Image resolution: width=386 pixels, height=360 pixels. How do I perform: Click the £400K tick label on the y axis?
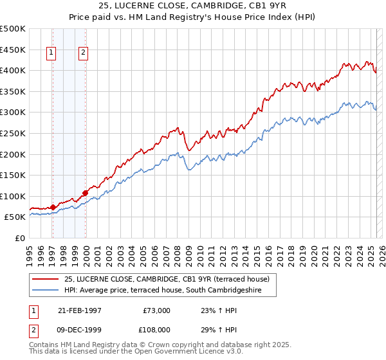pos(13,70)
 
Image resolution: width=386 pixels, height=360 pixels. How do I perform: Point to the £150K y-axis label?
pos(13,175)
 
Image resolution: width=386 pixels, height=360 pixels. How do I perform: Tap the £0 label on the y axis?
pos(20,238)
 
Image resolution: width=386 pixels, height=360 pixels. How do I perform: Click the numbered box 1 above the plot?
pos(51,53)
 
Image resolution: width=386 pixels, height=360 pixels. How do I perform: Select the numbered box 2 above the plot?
pos(84,53)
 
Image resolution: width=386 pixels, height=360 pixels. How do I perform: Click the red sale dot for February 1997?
pos(53,207)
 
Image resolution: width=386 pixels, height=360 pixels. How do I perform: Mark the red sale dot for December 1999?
pos(85,192)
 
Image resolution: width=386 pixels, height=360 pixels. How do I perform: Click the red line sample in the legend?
pos(45,278)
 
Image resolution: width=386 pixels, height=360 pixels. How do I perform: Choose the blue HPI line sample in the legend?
pos(45,290)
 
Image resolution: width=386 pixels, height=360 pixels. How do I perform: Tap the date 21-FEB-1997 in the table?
pos(79,310)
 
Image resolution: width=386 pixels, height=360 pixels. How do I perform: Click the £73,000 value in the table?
pos(156,310)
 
